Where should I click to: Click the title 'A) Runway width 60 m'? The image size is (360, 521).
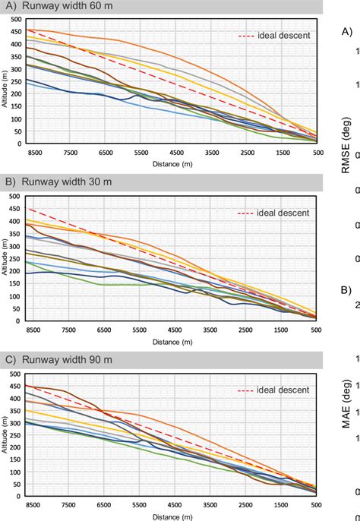[x=57, y=8]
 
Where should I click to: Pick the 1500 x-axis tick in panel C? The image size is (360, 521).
[x=282, y=504]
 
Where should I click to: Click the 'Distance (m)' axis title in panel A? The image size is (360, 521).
[x=175, y=163]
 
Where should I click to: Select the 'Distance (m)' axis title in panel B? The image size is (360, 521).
[x=175, y=340]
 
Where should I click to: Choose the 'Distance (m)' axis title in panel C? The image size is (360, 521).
[x=175, y=515]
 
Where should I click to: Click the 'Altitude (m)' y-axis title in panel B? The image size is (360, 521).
[x=5, y=257]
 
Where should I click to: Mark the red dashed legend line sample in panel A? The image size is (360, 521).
[x=247, y=36]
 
